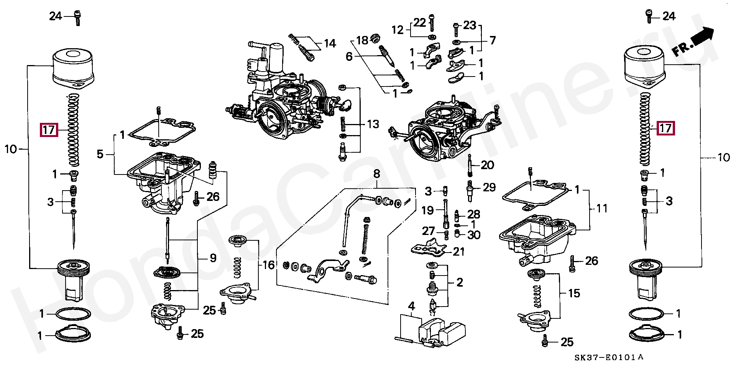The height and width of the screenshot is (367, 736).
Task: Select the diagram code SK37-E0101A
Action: (x=609, y=358)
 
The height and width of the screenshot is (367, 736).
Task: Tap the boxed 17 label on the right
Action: (x=665, y=128)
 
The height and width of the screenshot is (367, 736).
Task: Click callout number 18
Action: (x=362, y=40)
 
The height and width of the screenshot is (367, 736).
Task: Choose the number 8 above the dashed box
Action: (x=376, y=175)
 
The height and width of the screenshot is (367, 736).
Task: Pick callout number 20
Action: (x=487, y=165)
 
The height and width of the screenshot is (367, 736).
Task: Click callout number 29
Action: (x=489, y=188)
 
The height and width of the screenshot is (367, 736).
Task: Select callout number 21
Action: (x=459, y=251)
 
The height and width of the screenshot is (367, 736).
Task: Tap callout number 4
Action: (x=411, y=306)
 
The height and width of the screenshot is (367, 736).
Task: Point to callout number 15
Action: (x=574, y=294)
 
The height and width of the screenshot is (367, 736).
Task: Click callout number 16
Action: (x=269, y=265)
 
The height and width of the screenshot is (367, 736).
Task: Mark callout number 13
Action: (x=373, y=124)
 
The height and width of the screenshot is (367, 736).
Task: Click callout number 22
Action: (x=420, y=23)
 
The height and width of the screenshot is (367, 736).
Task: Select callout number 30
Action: (x=474, y=235)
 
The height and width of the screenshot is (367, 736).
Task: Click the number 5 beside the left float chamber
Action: (x=100, y=155)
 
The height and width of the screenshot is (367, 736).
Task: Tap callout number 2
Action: (x=459, y=283)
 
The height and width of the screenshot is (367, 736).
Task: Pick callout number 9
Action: (x=213, y=258)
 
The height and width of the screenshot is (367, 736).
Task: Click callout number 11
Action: (x=602, y=209)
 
